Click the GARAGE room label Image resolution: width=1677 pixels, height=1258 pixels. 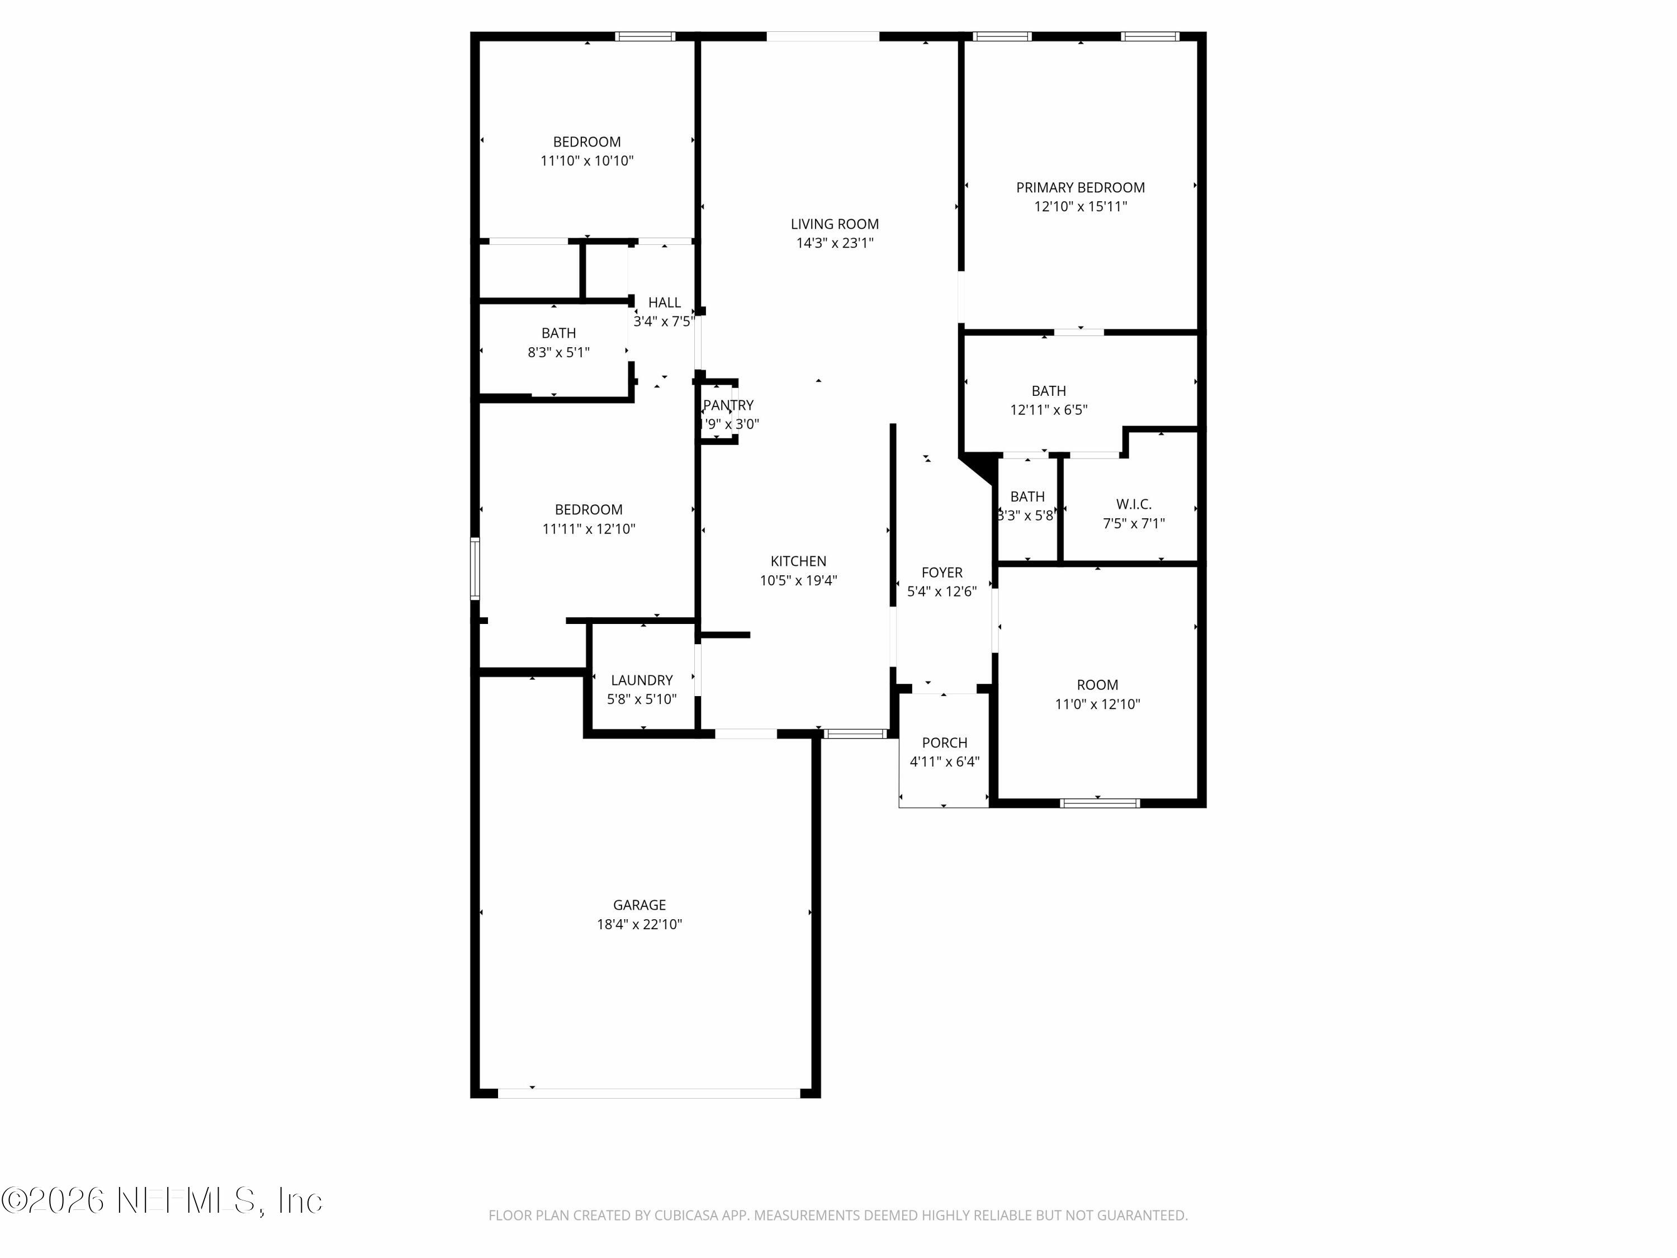(x=639, y=905)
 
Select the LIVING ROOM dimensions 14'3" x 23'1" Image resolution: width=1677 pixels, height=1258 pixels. (x=834, y=243)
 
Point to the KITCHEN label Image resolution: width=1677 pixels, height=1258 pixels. (x=798, y=561)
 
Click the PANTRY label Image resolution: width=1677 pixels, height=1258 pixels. (x=728, y=405)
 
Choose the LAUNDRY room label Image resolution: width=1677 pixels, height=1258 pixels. (x=641, y=680)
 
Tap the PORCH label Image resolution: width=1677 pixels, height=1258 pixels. (x=944, y=742)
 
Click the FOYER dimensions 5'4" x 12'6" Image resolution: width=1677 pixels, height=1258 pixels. (x=941, y=592)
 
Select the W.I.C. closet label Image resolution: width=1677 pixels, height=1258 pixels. (x=1134, y=504)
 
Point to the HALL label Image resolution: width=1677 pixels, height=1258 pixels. (x=664, y=302)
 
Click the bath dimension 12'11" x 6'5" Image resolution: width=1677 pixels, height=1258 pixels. (x=1049, y=409)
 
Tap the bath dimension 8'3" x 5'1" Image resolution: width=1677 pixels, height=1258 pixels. (x=558, y=352)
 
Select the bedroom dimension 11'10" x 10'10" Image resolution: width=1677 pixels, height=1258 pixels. (x=587, y=161)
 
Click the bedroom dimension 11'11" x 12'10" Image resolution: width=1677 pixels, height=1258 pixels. (x=588, y=528)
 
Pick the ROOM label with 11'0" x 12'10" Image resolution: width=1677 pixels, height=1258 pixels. (x=1097, y=685)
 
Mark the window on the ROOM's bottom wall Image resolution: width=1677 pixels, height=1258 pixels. (x=1100, y=803)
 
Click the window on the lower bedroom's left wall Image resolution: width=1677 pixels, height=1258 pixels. (x=475, y=569)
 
